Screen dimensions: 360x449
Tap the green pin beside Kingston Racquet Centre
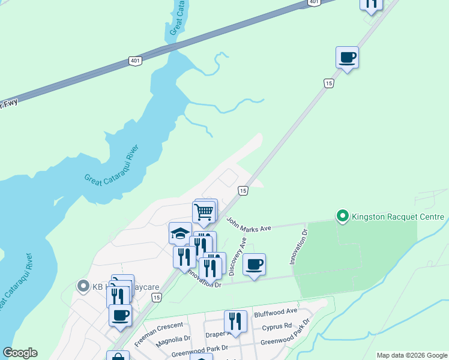(343, 215)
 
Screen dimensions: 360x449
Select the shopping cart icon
(204, 211)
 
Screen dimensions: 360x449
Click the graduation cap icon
(180, 233)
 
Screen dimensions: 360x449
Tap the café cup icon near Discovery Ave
(255, 264)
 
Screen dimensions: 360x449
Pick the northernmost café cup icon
(347, 58)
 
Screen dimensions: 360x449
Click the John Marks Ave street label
(249, 224)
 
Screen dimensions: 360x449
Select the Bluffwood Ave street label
(276, 312)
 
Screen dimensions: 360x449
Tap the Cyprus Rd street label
(277, 328)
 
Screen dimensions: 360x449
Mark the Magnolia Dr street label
(172, 338)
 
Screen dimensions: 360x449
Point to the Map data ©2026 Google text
(411, 355)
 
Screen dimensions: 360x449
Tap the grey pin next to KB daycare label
(83, 286)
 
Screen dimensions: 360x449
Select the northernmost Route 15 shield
(328, 83)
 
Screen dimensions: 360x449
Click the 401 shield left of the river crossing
(135, 61)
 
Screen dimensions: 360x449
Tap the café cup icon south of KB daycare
(120, 314)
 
